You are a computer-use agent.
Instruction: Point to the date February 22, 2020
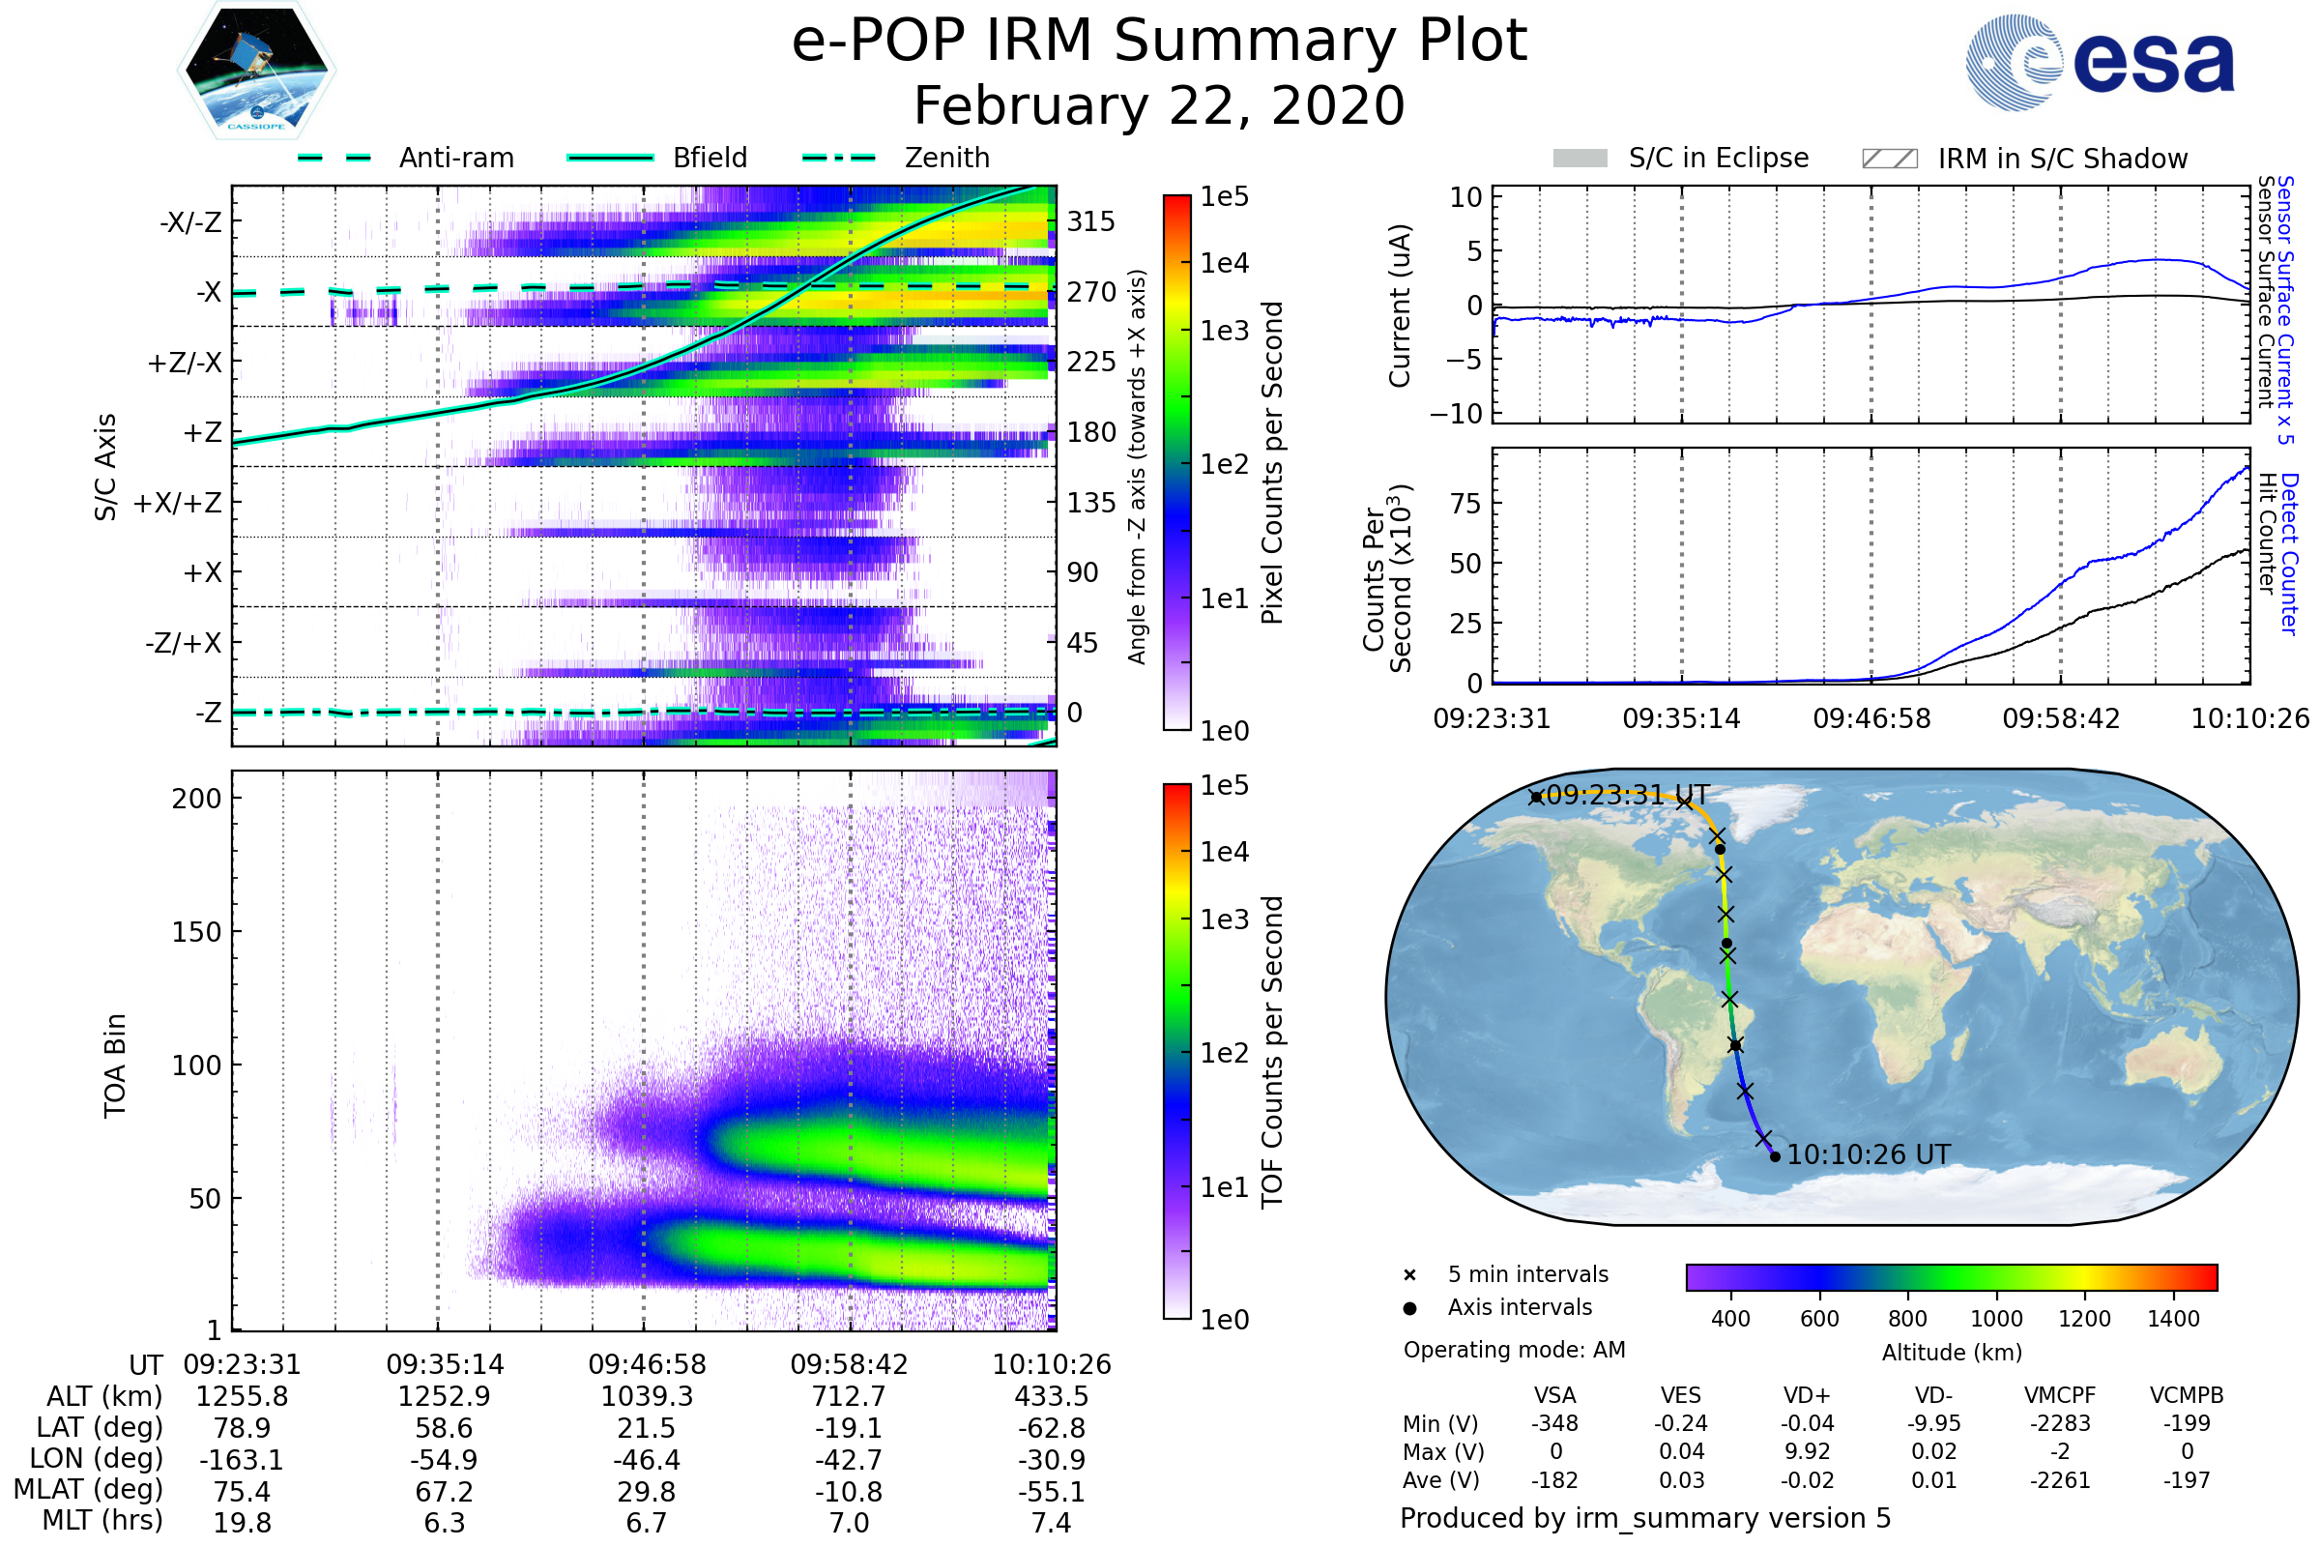point(1159,105)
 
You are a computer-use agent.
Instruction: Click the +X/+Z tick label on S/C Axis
point(178,503)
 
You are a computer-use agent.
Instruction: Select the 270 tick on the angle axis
point(1090,292)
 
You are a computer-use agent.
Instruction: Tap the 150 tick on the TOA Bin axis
point(196,931)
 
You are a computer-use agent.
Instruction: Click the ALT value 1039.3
point(647,1396)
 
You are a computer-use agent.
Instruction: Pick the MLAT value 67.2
point(444,1491)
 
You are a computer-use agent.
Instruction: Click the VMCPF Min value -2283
point(2060,1423)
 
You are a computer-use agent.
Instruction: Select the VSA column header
point(1554,1395)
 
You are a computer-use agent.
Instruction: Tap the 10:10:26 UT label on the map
point(1869,1154)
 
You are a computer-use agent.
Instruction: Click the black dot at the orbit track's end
point(1776,1156)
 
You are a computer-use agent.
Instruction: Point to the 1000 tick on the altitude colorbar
point(1996,1319)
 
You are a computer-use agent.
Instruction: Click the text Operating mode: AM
point(1514,1350)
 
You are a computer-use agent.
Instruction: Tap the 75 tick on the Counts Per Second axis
point(1465,503)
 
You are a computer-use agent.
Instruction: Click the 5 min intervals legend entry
point(1527,1274)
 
